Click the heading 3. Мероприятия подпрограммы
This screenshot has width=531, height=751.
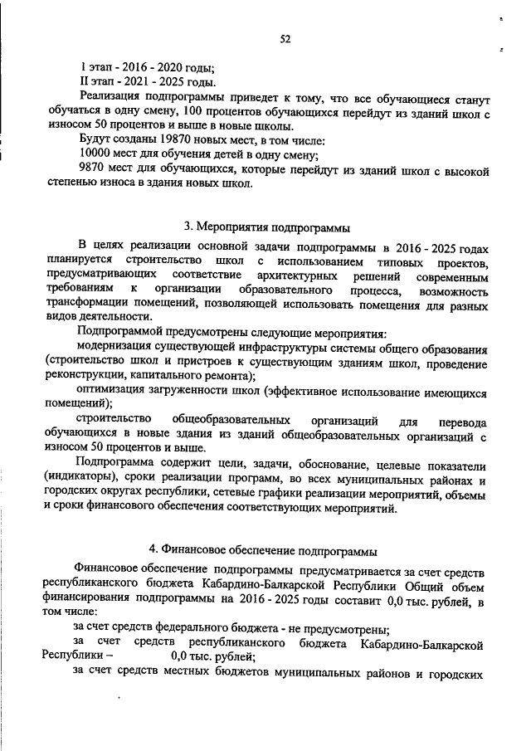coord(266,227)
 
